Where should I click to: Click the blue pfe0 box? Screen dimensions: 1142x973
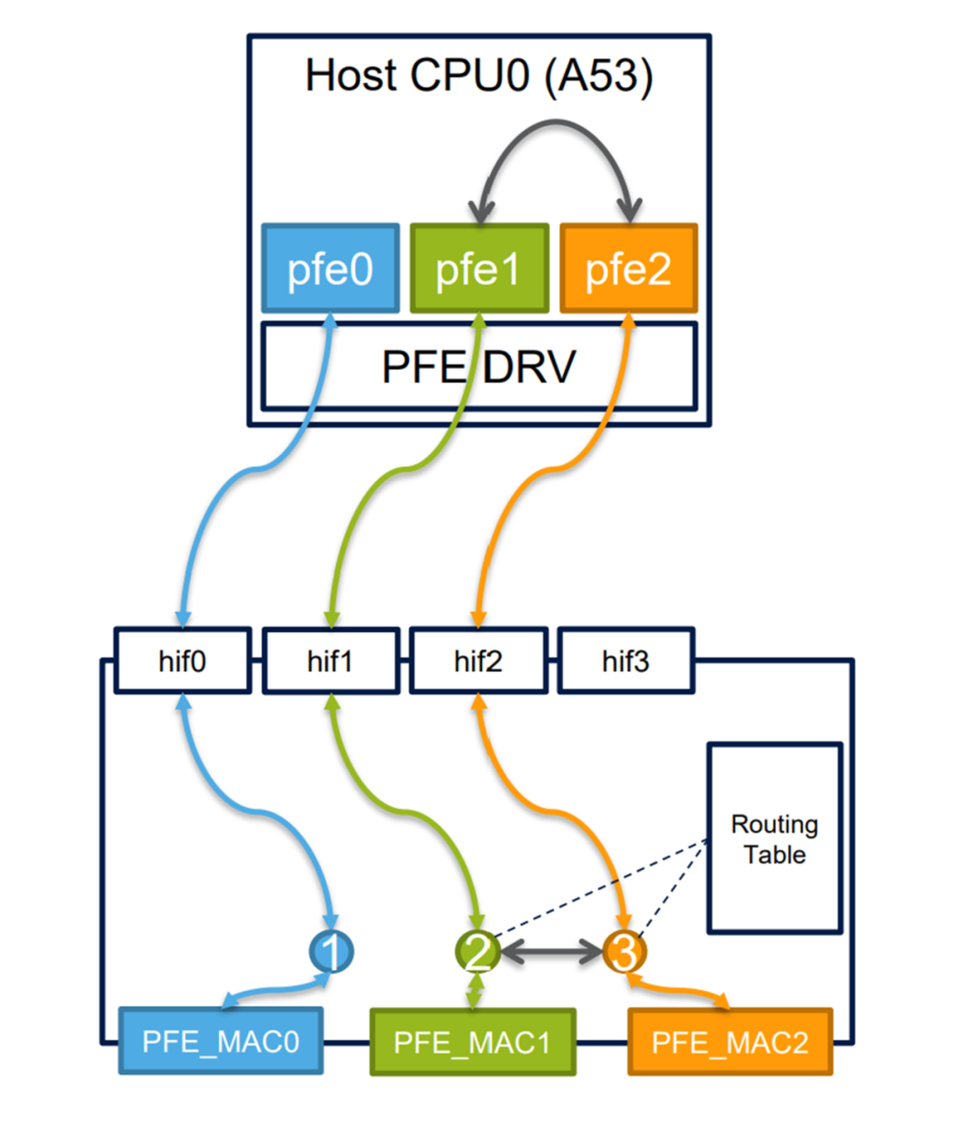330,268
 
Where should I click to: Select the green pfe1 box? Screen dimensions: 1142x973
478,268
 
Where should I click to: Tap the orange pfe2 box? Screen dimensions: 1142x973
628,268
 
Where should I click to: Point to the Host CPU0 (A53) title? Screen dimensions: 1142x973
478,76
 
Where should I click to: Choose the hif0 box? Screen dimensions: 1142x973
182,661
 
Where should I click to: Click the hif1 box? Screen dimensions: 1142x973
330,661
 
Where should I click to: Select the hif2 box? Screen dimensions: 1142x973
477,661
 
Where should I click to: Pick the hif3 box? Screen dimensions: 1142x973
625,661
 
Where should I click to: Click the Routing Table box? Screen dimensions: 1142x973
774,838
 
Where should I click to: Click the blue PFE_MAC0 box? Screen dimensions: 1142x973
221,1041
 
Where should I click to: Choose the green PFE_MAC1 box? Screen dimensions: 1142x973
472,1042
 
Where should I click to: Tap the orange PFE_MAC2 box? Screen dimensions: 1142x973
730,1042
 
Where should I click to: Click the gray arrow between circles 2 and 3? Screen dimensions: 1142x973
551,951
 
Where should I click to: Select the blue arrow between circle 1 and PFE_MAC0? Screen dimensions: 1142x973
275,990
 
